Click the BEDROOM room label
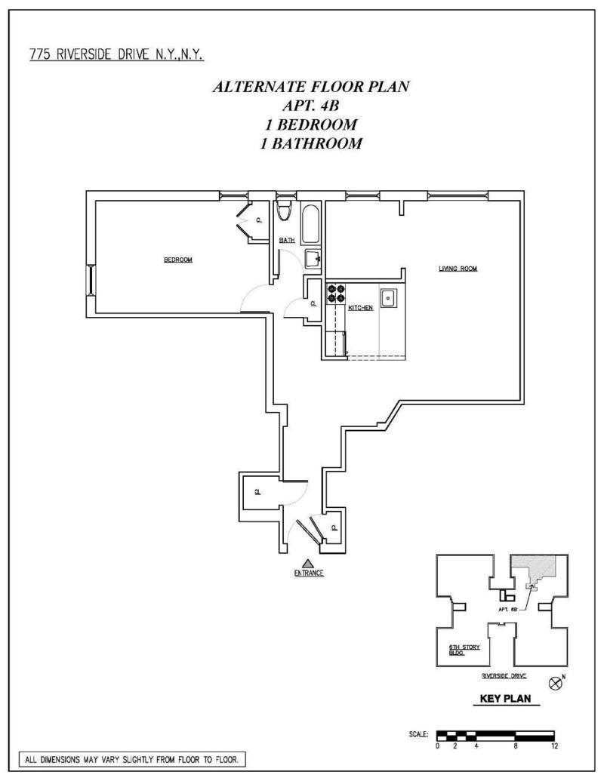coord(178,260)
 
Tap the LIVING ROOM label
coord(458,269)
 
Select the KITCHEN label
coord(360,308)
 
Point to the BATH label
coord(287,241)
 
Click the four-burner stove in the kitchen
coord(335,292)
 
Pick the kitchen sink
coord(389,298)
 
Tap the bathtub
coord(310,223)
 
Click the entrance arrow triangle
coord(307,562)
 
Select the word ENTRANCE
coord(309,573)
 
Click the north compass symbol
coord(556,684)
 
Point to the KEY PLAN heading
coord(510,699)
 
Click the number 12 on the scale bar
coord(554,746)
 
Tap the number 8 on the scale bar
coord(515,746)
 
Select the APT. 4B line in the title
coord(310,105)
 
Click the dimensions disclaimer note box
coord(132,760)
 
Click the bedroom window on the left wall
coord(91,280)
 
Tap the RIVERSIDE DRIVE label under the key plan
coord(504,676)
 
